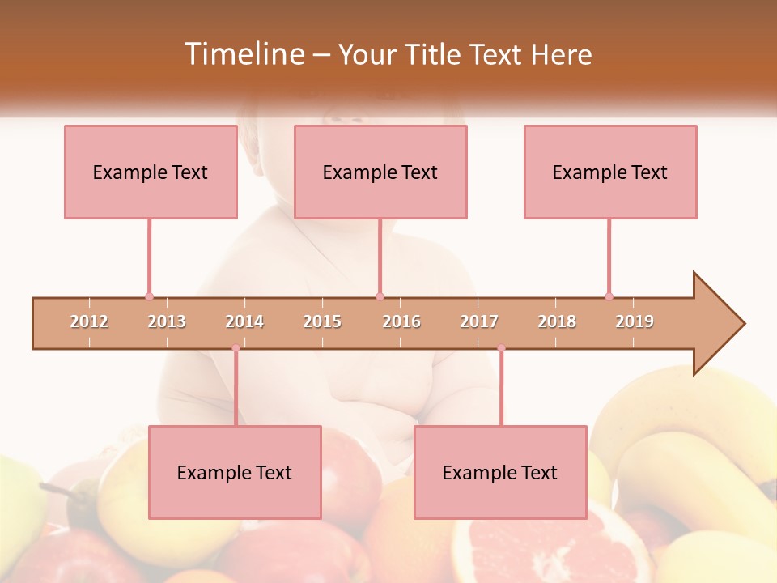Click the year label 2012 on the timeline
pyautogui.click(x=89, y=321)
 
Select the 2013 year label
pyautogui.click(x=167, y=321)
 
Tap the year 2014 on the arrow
pyautogui.click(x=244, y=321)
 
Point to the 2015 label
pyautogui.click(x=322, y=321)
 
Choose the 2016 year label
pyautogui.click(x=401, y=321)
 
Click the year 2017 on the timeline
pyautogui.click(x=479, y=321)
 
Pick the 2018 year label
pyautogui.click(x=557, y=321)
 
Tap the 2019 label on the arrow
pyautogui.click(x=635, y=321)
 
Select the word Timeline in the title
pyautogui.click(x=243, y=54)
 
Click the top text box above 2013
pyautogui.click(x=151, y=172)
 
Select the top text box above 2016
pyautogui.click(x=380, y=172)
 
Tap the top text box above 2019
pyautogui.click(x=610, y=172)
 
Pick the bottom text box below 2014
pyautogui.click(x=235, y=472)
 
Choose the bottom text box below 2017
pyautogui.click(x=500, y=472)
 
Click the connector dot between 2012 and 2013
pyautogui.click(x=149, y=296)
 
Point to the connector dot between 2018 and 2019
pyautogui.click(x=609, y=296)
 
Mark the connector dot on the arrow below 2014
pyautogui.click(x=236, y=348)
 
